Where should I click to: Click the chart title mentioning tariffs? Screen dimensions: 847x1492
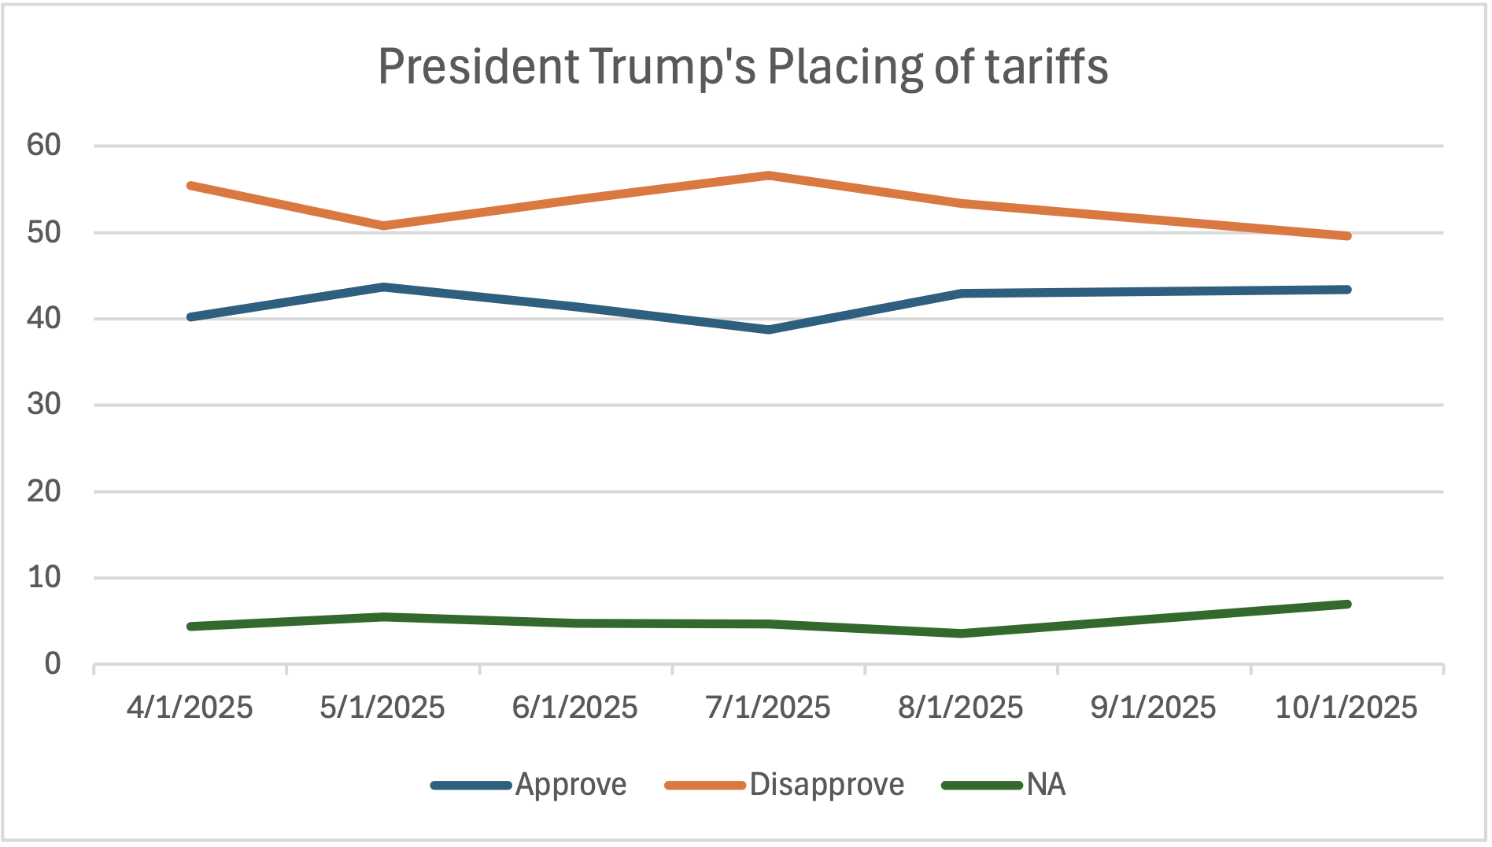[x=743, y=66]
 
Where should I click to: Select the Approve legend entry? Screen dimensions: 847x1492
[x=571, y=785]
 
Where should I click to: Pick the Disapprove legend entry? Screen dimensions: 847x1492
[x=826, y=785]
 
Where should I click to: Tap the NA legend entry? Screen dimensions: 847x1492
[x=1046, y=785]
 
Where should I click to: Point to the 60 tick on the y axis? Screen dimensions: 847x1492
[x=43, y=145]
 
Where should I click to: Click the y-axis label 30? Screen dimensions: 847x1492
[x=43, y=405]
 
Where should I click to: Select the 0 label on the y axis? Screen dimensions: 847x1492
[x=52, y=664]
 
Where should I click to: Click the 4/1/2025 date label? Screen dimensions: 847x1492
[x=190, y=708]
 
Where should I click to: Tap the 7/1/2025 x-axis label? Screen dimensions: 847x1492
[x=768, y=708]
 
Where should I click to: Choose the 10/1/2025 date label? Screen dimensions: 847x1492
[x=1346, y=708]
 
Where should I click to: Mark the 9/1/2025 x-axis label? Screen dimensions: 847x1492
[x=1153, y=708]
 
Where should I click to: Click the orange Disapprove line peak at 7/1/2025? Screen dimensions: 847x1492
[x=769, y=176]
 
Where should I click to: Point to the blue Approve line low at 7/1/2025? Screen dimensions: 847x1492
[x=769, y=330]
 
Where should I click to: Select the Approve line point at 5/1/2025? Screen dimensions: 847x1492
[x=383, y=287]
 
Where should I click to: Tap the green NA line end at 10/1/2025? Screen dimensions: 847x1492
[x=1347, y=605]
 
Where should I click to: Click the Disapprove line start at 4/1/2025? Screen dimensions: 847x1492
[x=190, y=186]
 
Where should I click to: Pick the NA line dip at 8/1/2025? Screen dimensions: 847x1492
[x=962, y=634]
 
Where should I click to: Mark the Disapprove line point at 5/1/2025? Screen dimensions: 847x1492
[x=383, y=226]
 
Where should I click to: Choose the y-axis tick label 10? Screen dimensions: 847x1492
[x=43, y=578]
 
